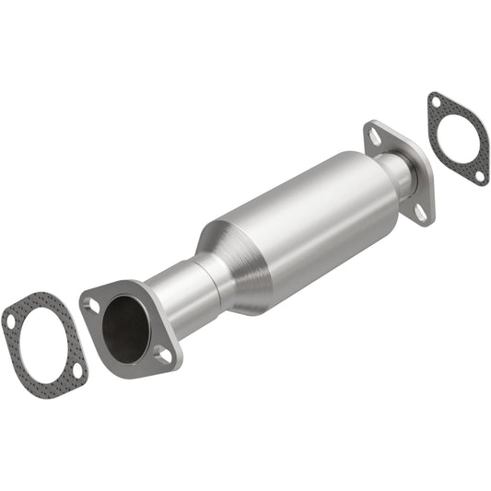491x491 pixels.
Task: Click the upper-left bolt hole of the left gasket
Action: (x=11, y=321)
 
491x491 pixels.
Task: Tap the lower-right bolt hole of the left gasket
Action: (x=77, y=369)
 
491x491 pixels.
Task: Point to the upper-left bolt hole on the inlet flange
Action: (x=90, y=305)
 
